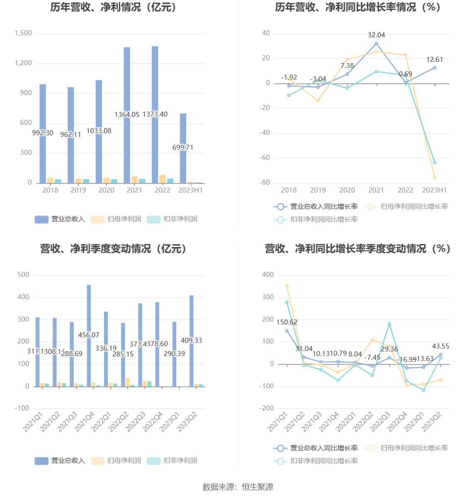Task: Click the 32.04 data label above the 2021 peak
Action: (x=376, y=35)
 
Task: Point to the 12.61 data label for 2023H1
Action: (x=435, y=60)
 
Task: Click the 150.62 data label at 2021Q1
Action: (x=287, y=322)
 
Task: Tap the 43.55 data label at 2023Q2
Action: (x=440, y=346)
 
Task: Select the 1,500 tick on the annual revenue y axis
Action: (x=23, y=33)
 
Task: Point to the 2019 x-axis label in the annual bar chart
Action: (x=78, y=190)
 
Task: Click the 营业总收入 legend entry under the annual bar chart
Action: (x=60, y=219)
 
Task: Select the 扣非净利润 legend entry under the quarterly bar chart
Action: (x=172, y=461)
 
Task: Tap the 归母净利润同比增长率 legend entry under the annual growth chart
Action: (x=406, y=206)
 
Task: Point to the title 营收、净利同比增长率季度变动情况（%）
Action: (x=357, y=249)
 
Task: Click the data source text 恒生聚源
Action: (x=257, y=487)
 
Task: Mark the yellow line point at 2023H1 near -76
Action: (x=435, y=178)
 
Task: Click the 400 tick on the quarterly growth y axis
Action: (x=268, y=275)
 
